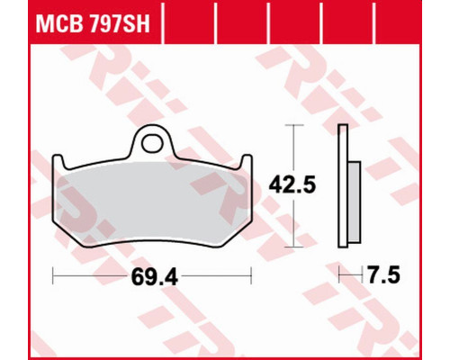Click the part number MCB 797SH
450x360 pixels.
[x=93, y=24]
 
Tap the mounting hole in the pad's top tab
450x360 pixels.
[x=153, y=144]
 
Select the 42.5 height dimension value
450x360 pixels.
[x=292, y=185]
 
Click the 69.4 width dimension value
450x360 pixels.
[x=155, y=277]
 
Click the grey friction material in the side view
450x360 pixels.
[x=355, y=202]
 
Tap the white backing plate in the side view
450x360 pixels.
[x=343, y=186]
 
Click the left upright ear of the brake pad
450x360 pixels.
[x=58, y=162]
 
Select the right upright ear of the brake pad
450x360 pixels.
[x=247, y=162]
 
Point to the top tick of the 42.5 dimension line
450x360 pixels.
[x=293, y=124]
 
